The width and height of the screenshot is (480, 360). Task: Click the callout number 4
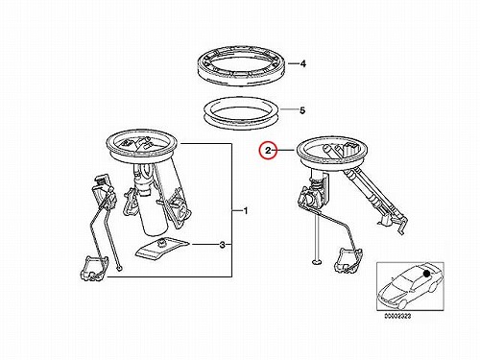click(x=302, y=63)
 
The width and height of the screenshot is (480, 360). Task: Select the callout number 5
click(x=302, y=110)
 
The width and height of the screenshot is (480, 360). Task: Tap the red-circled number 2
click(x=268, y=150)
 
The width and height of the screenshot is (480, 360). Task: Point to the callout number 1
click(x=246, y=211)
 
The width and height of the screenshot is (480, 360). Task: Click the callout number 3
click(x=223, y=245)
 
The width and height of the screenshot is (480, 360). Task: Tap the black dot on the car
click(x=426, y=274)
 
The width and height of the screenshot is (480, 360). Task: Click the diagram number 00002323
click(x=397, y=316)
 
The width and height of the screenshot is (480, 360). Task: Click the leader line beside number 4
click(x=293, y=63)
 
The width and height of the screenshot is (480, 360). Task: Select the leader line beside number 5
click(x=289, y=110)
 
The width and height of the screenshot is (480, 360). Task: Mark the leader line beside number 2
click(x=285, y=150)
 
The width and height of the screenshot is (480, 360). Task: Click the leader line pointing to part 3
click(x=204, y=245)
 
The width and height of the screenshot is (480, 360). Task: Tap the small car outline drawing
click(x=410, y=286)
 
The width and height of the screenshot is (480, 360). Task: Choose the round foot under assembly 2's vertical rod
click(x=317, y=262)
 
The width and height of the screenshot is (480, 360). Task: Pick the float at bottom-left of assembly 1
click(x=91, y=269)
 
